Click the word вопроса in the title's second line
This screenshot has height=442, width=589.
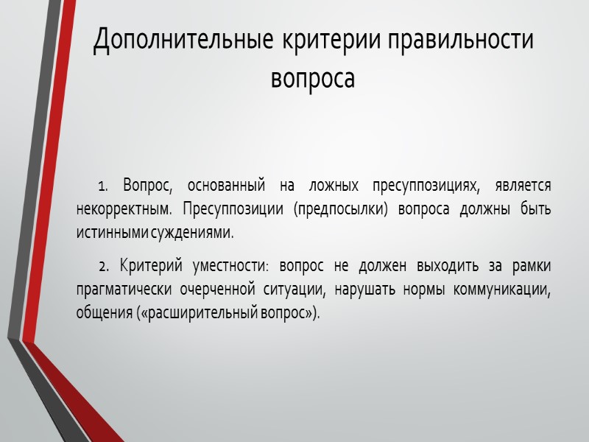(x=313, y=77)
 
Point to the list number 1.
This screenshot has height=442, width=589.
(x=103, y=184)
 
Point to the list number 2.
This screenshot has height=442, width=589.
(x=103, y=264)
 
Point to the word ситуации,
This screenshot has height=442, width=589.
(x=294, y=288)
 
